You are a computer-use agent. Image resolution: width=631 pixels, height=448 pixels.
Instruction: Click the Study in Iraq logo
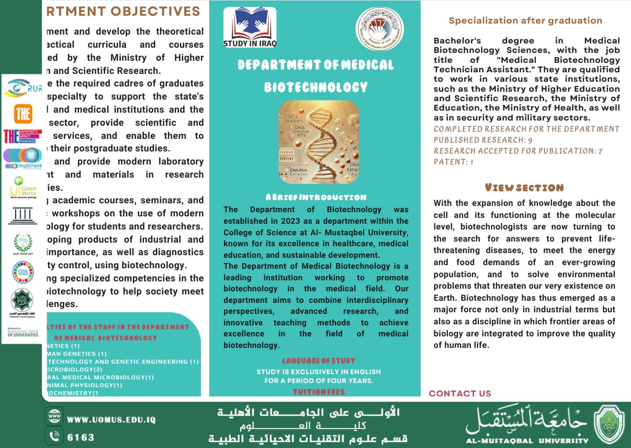(250, 28)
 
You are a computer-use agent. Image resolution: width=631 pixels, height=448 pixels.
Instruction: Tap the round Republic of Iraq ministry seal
(379, 29)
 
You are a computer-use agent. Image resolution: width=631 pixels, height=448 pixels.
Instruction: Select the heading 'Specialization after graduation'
(525, 21)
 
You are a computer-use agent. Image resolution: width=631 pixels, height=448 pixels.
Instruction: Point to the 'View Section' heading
(524, 188)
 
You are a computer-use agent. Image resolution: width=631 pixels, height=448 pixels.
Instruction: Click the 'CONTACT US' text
(460, 394)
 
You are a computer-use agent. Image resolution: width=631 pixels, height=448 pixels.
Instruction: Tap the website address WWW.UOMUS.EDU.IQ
(111, 420)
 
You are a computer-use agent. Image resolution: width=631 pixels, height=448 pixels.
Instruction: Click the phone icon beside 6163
(54, 436)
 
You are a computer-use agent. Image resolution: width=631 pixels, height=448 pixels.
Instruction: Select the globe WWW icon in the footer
(54, 418)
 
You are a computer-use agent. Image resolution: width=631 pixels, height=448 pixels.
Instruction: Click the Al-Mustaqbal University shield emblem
(609, 424)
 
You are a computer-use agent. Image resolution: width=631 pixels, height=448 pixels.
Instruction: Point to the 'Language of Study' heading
(318, 360)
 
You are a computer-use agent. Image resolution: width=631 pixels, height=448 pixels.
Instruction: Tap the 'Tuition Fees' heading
(318, 391)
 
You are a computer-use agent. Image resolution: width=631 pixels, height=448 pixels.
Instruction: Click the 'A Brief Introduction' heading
(315, 198)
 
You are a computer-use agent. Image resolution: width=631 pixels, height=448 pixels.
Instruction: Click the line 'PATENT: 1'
(453, 162)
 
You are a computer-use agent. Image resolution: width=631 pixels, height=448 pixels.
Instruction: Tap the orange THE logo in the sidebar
(23, 113)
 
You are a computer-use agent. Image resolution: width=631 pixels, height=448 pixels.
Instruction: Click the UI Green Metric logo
(23, 187)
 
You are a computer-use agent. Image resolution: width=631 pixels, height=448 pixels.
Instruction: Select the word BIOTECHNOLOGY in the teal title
(315, 87)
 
